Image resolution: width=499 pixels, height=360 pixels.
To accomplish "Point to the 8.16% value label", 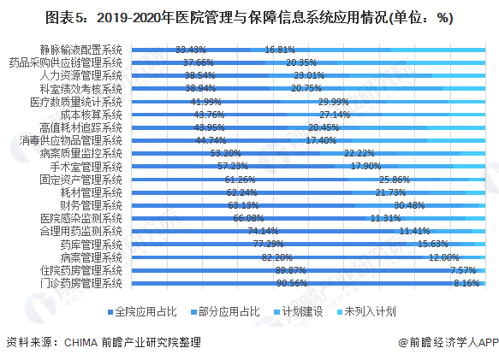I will (465, 282).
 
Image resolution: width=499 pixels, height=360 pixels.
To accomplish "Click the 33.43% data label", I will (191, 50).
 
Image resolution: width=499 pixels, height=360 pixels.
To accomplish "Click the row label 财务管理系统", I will (92, 205).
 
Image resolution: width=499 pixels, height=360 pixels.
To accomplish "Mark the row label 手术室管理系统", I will (86, 166).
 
